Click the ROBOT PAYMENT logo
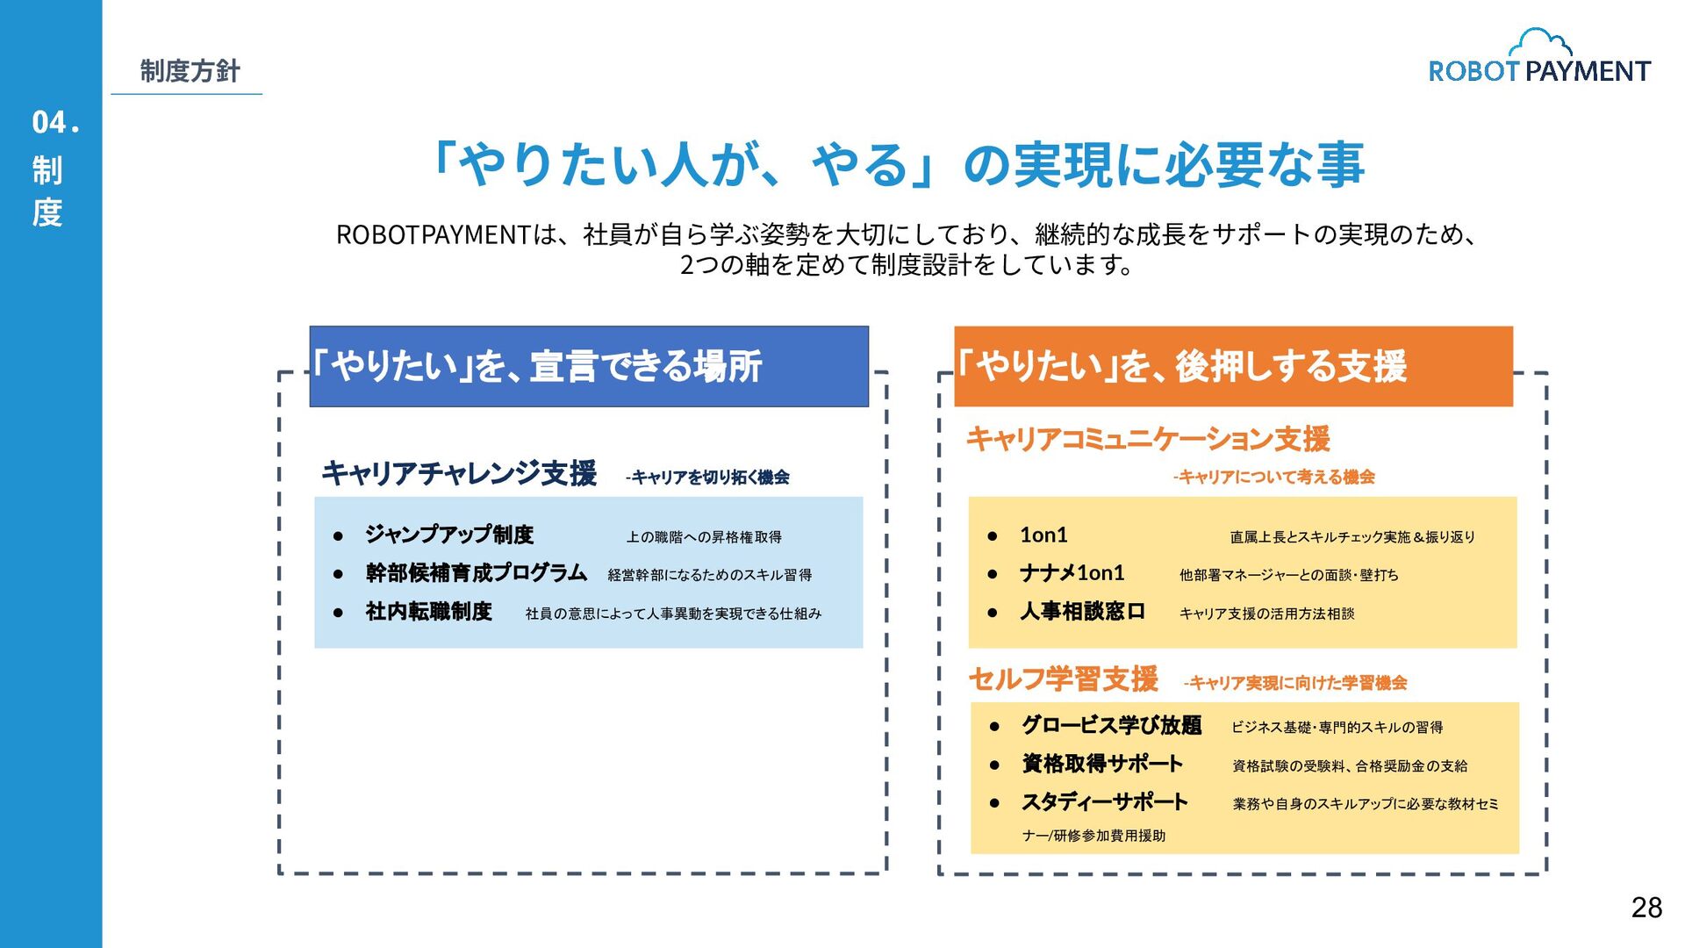click(x=1539, y=58)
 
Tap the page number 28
click(x=1646, y=908)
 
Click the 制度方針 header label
click(x=190, y=71)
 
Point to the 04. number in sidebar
click(x=55, y=123)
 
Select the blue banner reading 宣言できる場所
click(x=589, y=366)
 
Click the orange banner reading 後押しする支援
click(x=1233, y=366)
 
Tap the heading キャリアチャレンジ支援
click(x=459, y=473)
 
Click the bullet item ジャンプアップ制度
click(x=449, y=535)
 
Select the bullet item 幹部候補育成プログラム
click(x=477, y=573)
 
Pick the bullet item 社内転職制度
click(x=429, y=612)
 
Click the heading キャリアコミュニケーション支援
click(x=1148, y=439)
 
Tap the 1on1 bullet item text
click(x=1043, y=535)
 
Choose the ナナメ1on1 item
click(x=1072, y=573)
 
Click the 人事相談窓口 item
click(x=1082, y=612)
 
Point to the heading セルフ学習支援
click(x=1063, y=679)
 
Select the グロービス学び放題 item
click(x=1111, y=726)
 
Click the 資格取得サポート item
click(x=1102, y=764)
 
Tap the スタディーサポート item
click(x=1104, y=802)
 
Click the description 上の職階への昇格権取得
click(x=704, y=537)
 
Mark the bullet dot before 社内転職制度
click(x=338, y=613)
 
